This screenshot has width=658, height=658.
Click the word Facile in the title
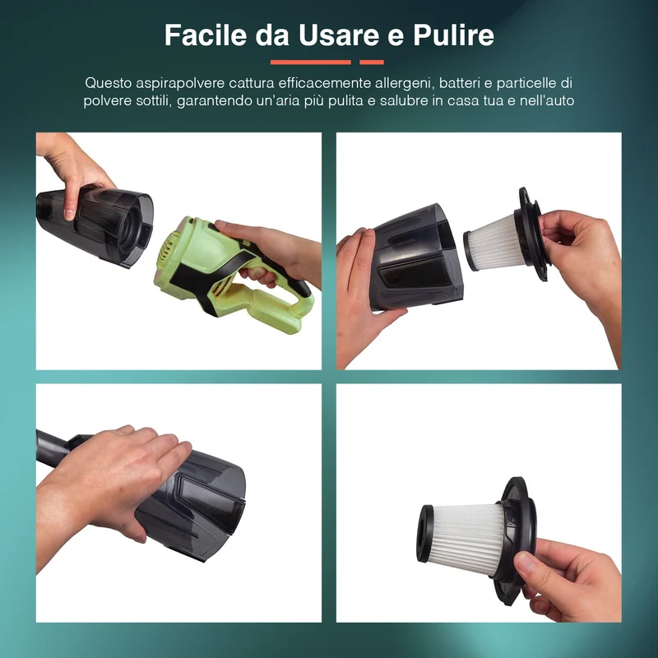point(205,35)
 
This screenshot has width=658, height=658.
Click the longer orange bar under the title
point(311,63)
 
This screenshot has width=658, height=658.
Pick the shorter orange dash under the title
point(372,63)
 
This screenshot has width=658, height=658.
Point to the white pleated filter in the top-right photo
point(492,242)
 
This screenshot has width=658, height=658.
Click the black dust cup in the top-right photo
point(415,259)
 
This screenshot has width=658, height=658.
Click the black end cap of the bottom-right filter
point(425,533)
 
